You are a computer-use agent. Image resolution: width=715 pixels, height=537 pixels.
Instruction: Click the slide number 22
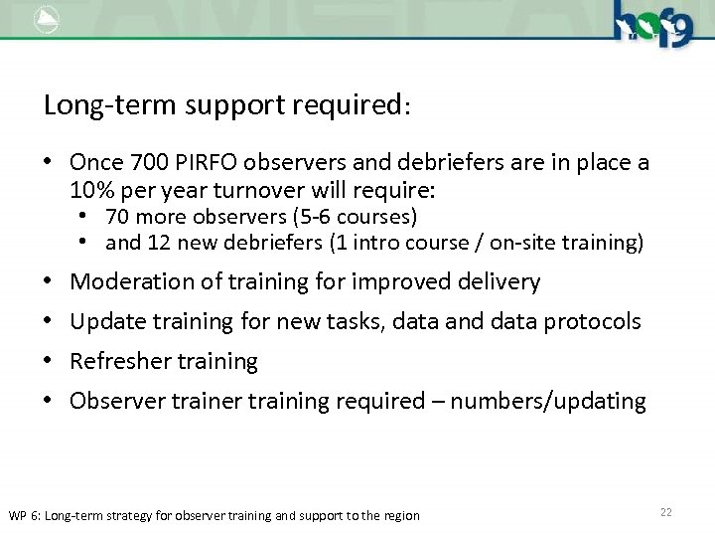(665, 512)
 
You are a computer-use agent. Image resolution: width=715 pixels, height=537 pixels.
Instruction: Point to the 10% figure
(92, 190)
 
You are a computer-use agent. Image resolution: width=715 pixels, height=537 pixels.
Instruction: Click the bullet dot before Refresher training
(49, 361)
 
